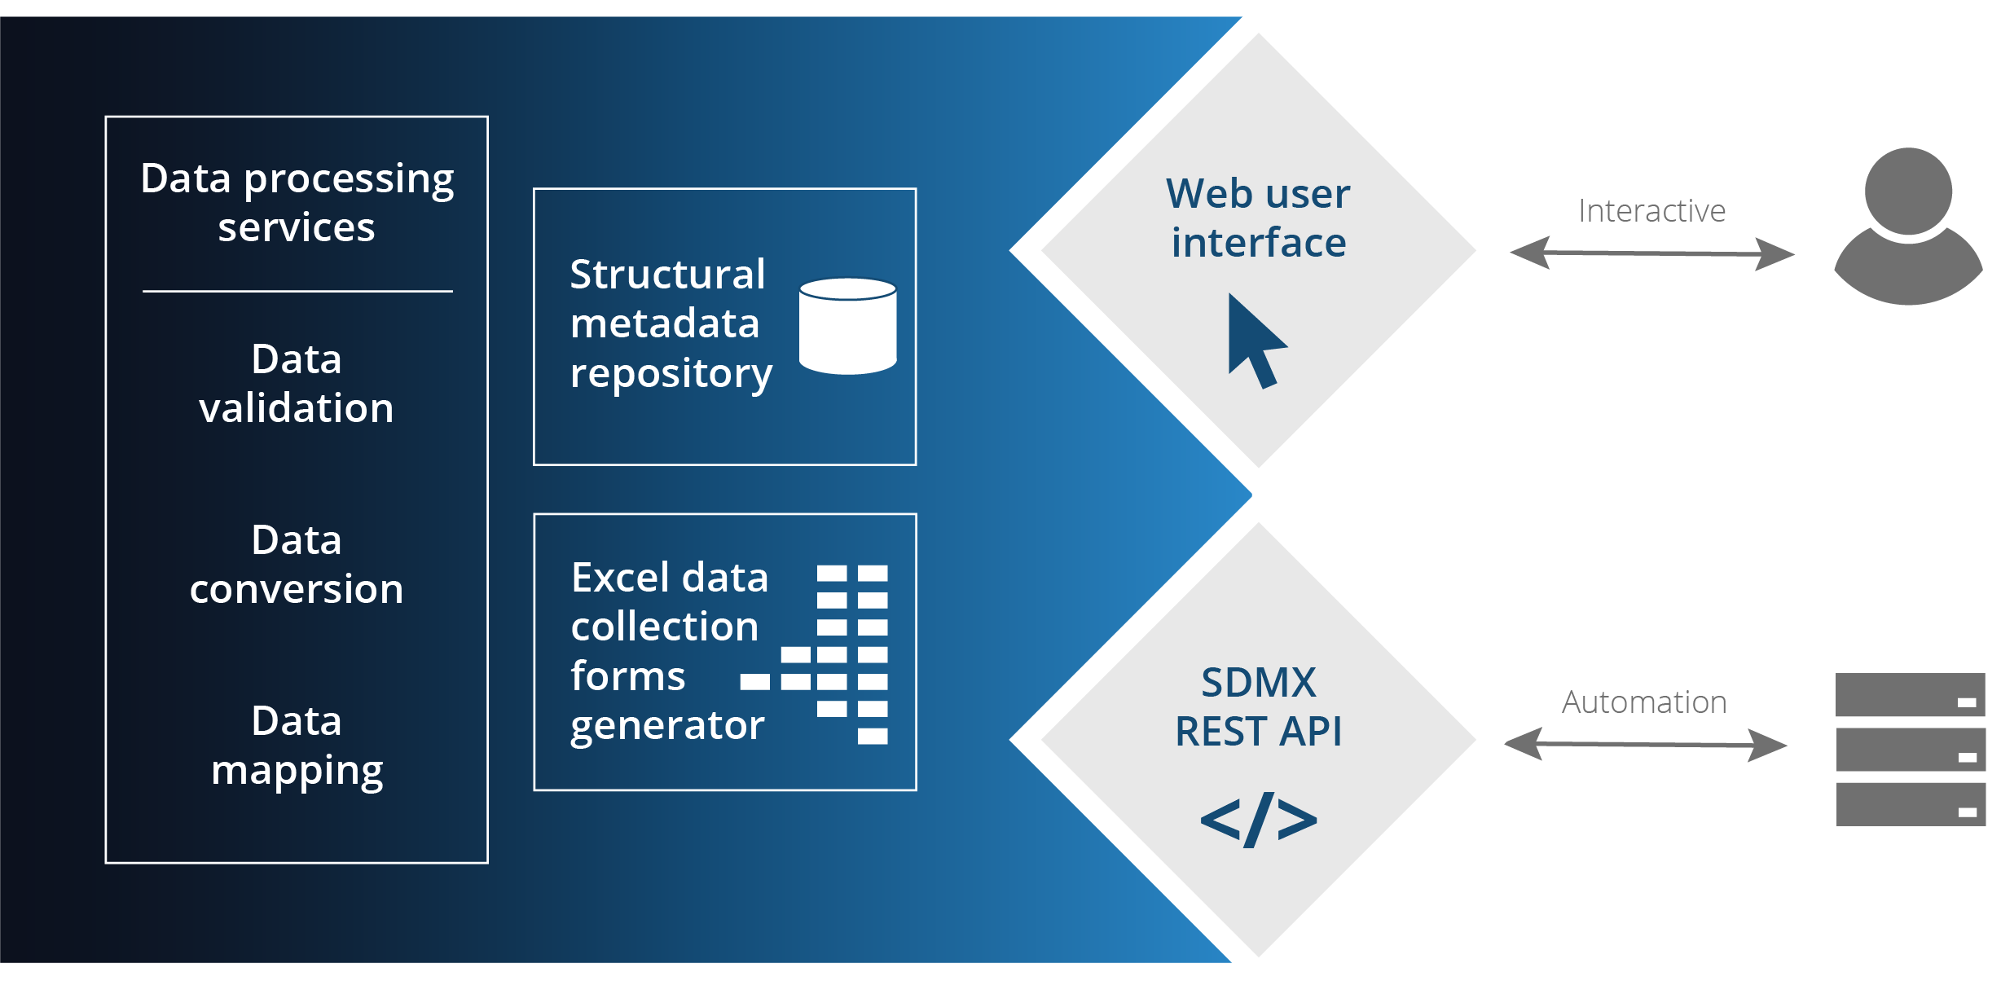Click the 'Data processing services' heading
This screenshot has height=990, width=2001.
tap(297, 202)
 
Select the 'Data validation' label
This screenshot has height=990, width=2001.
tap(297, 383)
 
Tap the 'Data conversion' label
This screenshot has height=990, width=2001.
tap(297, 564)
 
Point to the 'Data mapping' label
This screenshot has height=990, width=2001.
tap(297, 746)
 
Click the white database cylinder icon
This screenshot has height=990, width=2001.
tap(847, 326)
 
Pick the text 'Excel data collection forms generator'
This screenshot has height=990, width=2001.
tap(668, 651)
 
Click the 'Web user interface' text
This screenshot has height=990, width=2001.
tap(1258, 218)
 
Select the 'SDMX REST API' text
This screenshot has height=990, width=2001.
tap(1258, 706)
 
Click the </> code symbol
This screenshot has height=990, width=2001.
tap(1258, 820)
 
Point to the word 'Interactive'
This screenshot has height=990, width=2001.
tap(1651, 211)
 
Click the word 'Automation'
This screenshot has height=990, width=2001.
tap(1644, 702)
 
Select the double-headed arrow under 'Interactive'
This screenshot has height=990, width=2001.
tap(1651, 253)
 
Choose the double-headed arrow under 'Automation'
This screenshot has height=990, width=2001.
tap(1645, 744)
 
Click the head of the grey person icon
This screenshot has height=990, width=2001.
tap(1908, 191)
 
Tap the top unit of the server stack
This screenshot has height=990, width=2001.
tap(1910, 694)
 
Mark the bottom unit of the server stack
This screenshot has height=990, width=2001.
tap(1910, 804)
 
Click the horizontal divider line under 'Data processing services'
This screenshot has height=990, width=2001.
tap(297, 291)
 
